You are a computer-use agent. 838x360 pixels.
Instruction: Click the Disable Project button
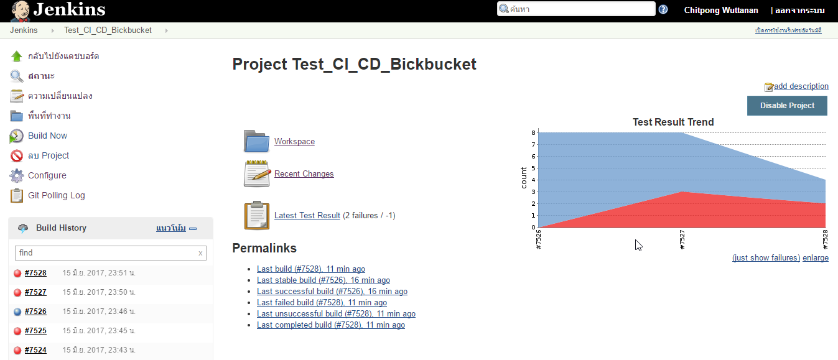pyautogui.click(x=787, y=106)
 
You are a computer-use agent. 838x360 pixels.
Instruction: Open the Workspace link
pyautogui.click(x=294, y=142)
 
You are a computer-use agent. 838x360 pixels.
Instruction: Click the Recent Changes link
pyautogui.click(x=304, y=174)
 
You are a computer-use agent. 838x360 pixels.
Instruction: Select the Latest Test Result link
pyautogui.click(x=307, y=216)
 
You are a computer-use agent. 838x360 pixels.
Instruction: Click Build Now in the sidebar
pyautogui.click(x=47, y=136)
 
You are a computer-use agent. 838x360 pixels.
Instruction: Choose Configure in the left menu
pyautogui.click(x=47, y=175)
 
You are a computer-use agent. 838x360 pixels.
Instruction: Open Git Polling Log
pyautogui.click(x=57, y=195)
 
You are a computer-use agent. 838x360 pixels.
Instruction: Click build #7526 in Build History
pyautogui.click(x=35, y=312)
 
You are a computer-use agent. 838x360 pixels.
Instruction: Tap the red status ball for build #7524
pyautogui.click(x=17, y=350)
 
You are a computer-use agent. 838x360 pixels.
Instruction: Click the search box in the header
pyautogui.click(x=576, y=9)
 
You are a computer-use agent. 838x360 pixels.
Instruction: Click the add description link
pyautogui.click(x=801, y=86)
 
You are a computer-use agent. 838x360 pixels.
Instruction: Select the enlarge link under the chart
pyautogui.click(x=816, y=258)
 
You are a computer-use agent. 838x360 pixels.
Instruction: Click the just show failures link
pyautogui.click(x=766, y=258)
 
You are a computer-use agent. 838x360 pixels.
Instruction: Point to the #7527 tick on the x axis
pyautogui.click(x=682, y=239)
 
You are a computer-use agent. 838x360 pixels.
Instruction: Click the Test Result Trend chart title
pyautogui.click(x=673, y=122)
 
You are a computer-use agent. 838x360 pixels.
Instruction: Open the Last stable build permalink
pyautogui.click(x=324, y=280)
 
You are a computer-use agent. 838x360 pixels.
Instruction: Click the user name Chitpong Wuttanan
pyautogui.click(x=721, y=11)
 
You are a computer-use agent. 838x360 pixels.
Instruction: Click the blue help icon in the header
pyautogui.click(x=663, y=9)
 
